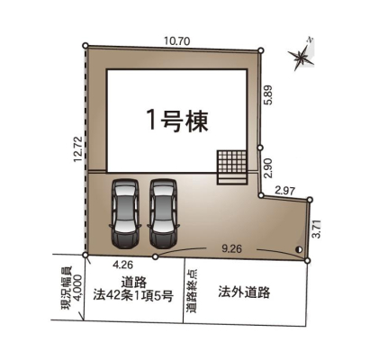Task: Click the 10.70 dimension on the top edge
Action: coord(176,40)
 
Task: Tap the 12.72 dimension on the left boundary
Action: coord(78,149)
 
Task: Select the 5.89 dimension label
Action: coord(268,94)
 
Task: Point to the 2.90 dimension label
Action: coord(268,168)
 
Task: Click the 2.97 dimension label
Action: coord(285,191)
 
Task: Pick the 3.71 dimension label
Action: coord(317,229)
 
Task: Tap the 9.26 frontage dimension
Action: coord(231,248)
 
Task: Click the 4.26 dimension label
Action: coord(122,265)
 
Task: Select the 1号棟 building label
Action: coord(178,121)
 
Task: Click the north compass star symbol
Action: coord(302,57)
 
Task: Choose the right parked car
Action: coord(163,213)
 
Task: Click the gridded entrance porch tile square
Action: coord(232,161)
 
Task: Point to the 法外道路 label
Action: coord(244,292)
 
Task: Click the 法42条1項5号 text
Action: coord(133,296)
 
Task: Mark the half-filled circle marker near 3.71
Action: coord(299,249)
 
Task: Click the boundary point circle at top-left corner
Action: coord(86,46)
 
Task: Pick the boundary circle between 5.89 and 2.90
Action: coord(260,148)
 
